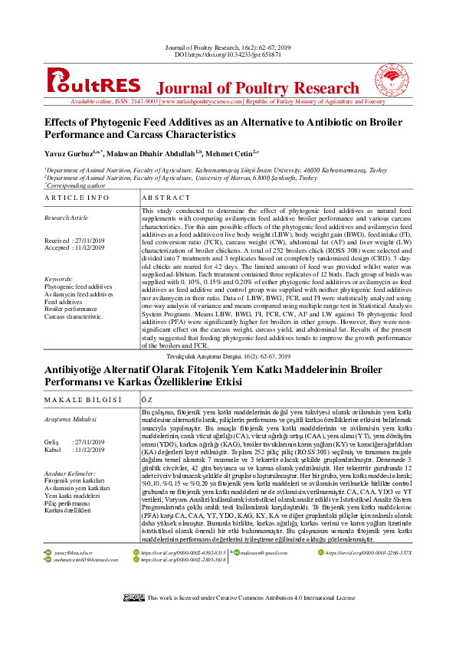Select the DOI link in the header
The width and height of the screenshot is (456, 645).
point(228,55)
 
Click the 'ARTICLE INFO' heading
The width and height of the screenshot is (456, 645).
point(77,198)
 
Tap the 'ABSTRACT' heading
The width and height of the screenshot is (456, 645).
point(167,198)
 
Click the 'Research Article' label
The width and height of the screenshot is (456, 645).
point(67,218)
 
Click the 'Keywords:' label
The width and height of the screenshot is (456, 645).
point(59,279)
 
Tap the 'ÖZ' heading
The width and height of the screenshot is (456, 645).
point(148,400)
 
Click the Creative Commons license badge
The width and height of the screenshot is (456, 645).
point(133,618)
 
